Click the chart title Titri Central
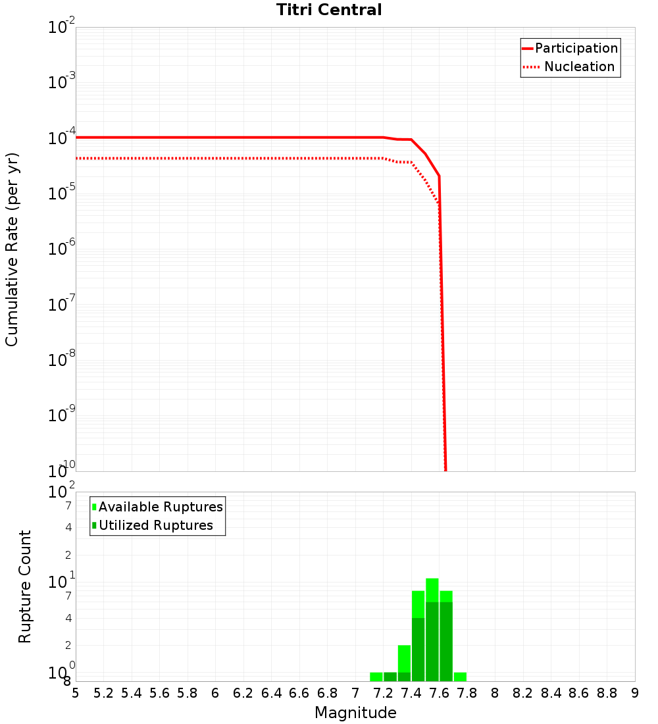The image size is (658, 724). tap(329, 10)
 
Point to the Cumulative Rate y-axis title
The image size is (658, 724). tap(12, 249)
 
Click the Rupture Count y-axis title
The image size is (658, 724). tap(25, 586)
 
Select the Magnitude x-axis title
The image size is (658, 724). tap(355, 713)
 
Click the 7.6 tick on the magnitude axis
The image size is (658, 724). tap(439, 693)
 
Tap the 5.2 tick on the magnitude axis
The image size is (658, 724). tap(103, 693)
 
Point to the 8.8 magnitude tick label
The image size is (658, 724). tap(607, 693)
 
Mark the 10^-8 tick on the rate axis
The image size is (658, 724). tap(62, 361)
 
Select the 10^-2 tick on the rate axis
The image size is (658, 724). tap(62, 28)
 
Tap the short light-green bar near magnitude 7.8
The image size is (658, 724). tap(460, 677)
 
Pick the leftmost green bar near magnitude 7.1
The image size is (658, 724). tap(376, 677)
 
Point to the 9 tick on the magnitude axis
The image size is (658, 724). tap(635, 693)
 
